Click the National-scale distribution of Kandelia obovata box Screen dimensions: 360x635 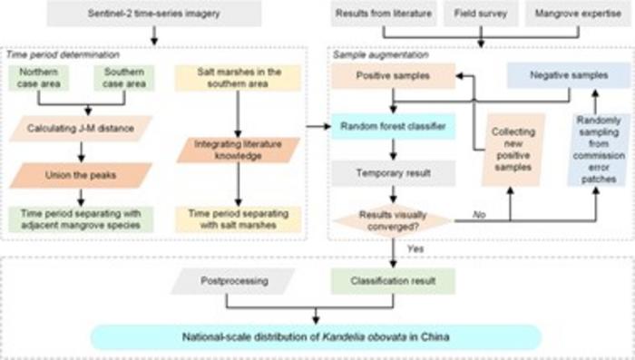click(x=316, y=338)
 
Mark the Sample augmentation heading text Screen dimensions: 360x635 click(x=370, y=54)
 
